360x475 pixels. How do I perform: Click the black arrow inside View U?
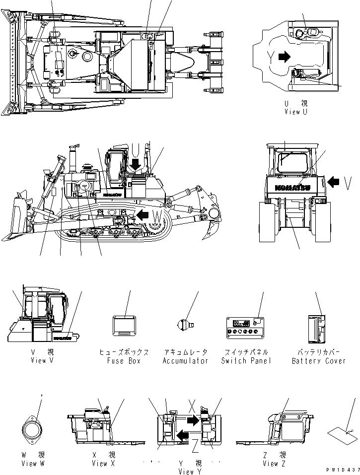(x=284, y=57)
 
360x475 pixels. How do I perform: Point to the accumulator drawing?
(x=185, y=325)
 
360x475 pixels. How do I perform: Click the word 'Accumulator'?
(x=186, y=361)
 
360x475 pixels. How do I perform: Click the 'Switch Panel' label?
(x=246, y=361)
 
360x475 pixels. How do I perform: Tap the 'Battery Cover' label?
(x=318, y=361)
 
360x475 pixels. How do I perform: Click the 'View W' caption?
(x=33, y=464)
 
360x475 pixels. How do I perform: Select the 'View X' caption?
(x=103, y=464)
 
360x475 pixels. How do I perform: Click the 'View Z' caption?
(x=274, y=464)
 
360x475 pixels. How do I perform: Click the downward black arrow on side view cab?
(x=135, y=163)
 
